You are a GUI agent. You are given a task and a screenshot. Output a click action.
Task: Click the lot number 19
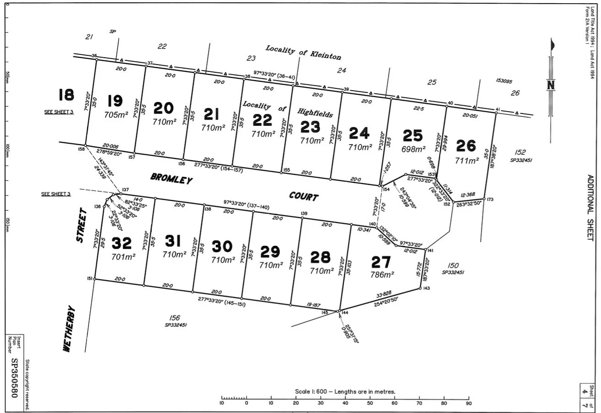pyautogui.click(x=115, y=101)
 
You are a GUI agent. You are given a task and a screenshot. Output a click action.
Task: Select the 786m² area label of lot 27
pyautogui.click(x=382, y=275)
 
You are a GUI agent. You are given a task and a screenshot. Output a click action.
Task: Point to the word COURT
pyautogui.click(x=303, y=197)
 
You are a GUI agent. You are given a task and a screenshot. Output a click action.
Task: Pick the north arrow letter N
pyautogui.click(x=551, y=85)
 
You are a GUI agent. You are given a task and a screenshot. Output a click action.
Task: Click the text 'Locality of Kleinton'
pyautogui.click(x=303, y=53)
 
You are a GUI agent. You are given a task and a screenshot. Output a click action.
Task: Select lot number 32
pyautogui.click(x=122, y=242)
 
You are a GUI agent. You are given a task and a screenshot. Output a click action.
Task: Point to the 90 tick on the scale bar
pyautogui.click(x=468, y=403)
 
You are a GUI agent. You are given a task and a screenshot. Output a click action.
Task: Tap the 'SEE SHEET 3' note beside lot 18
pyautogui.click(x=59, y=112)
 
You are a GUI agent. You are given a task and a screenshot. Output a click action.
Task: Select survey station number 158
pyautogui.click(x=81, y=149)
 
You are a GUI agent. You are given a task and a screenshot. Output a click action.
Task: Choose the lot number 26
pyautogui.click(x=466, y=146)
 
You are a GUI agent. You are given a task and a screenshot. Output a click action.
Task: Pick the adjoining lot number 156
pyautogui.click(x=175, y=317)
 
